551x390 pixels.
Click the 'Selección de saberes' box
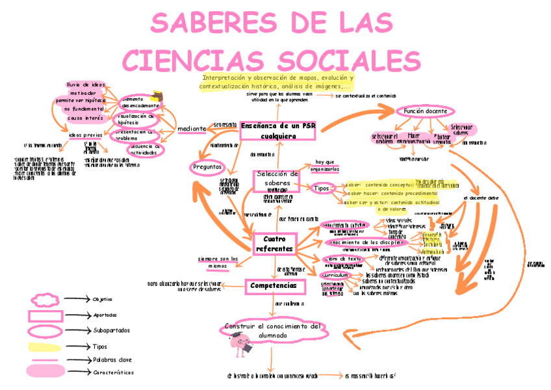coord(277,178)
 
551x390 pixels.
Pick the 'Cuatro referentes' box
coord(274,244)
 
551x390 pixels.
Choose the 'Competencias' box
coord(274,285)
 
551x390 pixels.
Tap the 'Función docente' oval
coord(425,111)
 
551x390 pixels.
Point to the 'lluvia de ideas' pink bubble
coord(86,84)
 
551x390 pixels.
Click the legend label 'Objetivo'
coord(103,300)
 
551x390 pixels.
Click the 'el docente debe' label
coord(481,197)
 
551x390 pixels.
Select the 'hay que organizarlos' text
coord(325,166)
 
